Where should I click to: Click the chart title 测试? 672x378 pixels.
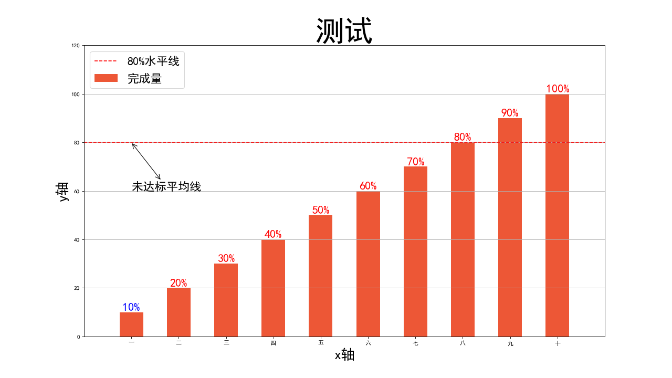pyautogui.click(x=344, y=31)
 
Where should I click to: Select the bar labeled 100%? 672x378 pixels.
pyautogui.click(x=557, y=215)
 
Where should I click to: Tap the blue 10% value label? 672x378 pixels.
pyautogui.click(x=131, y=307)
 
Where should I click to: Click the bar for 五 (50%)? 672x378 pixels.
pyautogui.click(x=320, y=276)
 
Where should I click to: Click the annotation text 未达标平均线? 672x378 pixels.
pyautogui.click(x=166, y=186)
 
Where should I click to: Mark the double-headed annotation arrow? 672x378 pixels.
pyautogui.click(x=146, y=161)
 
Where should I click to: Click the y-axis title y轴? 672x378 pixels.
pyautogui.click(x=62, y=191)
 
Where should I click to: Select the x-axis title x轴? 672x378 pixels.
pyautogui.click(x=344, y=355)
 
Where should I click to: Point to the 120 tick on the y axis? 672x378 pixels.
pyautogui.click(x=75, y=46)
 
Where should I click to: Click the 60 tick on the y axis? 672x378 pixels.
pyautogui.click(x=76, y=191)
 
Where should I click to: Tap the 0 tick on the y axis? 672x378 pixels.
pyautogui.click(x=78, y=337)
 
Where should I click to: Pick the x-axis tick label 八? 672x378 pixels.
pyautogui.click(x=463, y=343)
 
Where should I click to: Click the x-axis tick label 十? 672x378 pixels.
pyautogui.click(x=557, y=343)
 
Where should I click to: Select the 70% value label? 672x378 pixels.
pyautogui.click(x=415, y=162)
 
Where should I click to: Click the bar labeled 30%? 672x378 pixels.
pyautogui.click(x=226, y=300)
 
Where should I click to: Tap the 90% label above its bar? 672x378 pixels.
pyautogui.click(x=510, y=113)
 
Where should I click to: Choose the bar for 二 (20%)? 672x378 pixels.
pyautogui.click(x=178, y=312)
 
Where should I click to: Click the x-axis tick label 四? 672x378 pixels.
pyautogui.click(x=273, y=343)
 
